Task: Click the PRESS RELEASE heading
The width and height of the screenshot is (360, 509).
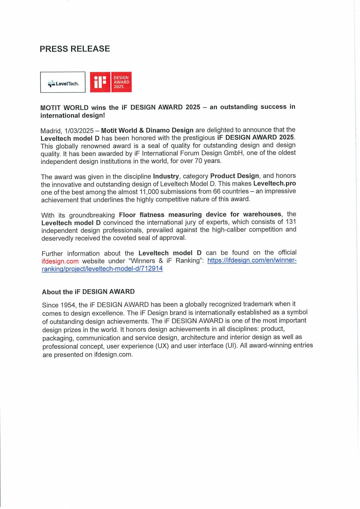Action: click(75, 49)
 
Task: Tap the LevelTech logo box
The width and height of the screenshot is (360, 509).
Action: click(63, 82)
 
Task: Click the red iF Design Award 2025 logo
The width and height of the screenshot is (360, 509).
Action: click(111, 82)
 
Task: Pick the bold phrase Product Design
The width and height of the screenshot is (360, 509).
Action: click(234, 176)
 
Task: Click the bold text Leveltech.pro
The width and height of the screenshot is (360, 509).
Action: click(274, 183)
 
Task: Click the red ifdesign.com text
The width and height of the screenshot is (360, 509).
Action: click(60, 261)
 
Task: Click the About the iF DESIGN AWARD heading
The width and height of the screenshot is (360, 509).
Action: click(88, 292)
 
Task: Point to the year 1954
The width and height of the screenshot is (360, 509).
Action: click(68, 305)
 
